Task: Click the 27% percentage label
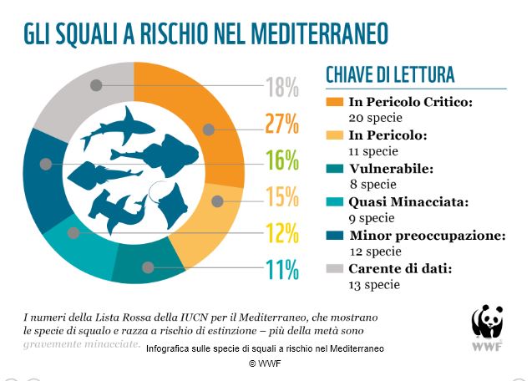[281, 123]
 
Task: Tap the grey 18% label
[281, 86]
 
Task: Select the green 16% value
[281, 160]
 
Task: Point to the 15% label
[281, 196]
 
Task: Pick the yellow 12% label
[281, 232]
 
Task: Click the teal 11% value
[281, 269]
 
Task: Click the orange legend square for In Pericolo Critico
[334, 102]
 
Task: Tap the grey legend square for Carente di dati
[334, 267]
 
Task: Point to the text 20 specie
[373, 117]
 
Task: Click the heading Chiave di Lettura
[390, 74]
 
